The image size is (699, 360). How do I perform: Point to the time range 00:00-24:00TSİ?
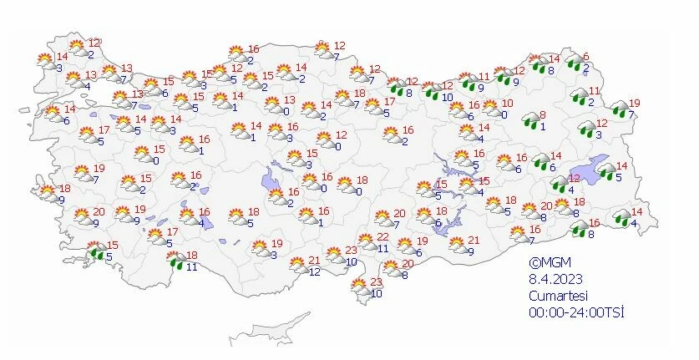(x=576, y=312)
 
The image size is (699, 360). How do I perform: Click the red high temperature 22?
(x=383, y=238)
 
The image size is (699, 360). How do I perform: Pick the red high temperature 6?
(x=585, y=57)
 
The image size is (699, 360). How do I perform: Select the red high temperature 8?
(x=543, y=115)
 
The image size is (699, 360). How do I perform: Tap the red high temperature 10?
(x=506, y=103)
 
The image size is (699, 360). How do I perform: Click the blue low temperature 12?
(x=314, y=271)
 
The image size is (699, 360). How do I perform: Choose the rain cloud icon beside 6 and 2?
(x=575, y=62)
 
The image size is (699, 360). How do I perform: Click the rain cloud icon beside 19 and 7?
(x=619, y=108)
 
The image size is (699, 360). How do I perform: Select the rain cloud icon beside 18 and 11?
(x=176, y=261)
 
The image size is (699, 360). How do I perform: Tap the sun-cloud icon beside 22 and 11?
(x=367, y=243)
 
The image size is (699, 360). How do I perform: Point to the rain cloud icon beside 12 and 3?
(x=585, y=128)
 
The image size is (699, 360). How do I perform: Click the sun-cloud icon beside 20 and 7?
(x=383, y=219)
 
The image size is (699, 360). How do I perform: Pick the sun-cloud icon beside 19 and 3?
(x=261, y=248)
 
